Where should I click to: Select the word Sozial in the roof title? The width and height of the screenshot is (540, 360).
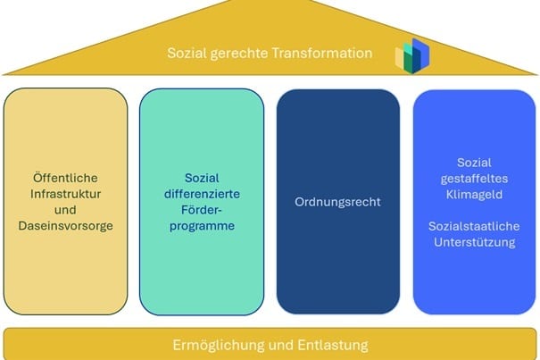[x=186, y=53]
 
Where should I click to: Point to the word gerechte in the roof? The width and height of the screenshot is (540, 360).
[x=238, y=53]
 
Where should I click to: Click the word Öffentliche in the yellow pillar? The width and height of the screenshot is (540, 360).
[x=65, y=178]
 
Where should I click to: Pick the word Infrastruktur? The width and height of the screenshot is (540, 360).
[x=65, y=194]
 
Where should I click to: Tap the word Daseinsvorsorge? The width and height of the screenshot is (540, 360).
[x=65, y=226]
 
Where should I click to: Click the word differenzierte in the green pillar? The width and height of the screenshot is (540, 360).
[x=202, y=194]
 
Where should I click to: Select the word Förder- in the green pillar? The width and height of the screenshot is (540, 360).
[x=202, y=210]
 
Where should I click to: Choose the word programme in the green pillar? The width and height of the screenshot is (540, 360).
[x=202, y=226]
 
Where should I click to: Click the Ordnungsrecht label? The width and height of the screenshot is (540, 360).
[x=337, y=202]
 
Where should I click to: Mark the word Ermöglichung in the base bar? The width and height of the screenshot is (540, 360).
[x=212, y=345]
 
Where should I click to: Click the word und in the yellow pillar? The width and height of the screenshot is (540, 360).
[x=65, y=210]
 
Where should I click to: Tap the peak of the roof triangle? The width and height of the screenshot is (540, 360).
[x=270, y=4]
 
